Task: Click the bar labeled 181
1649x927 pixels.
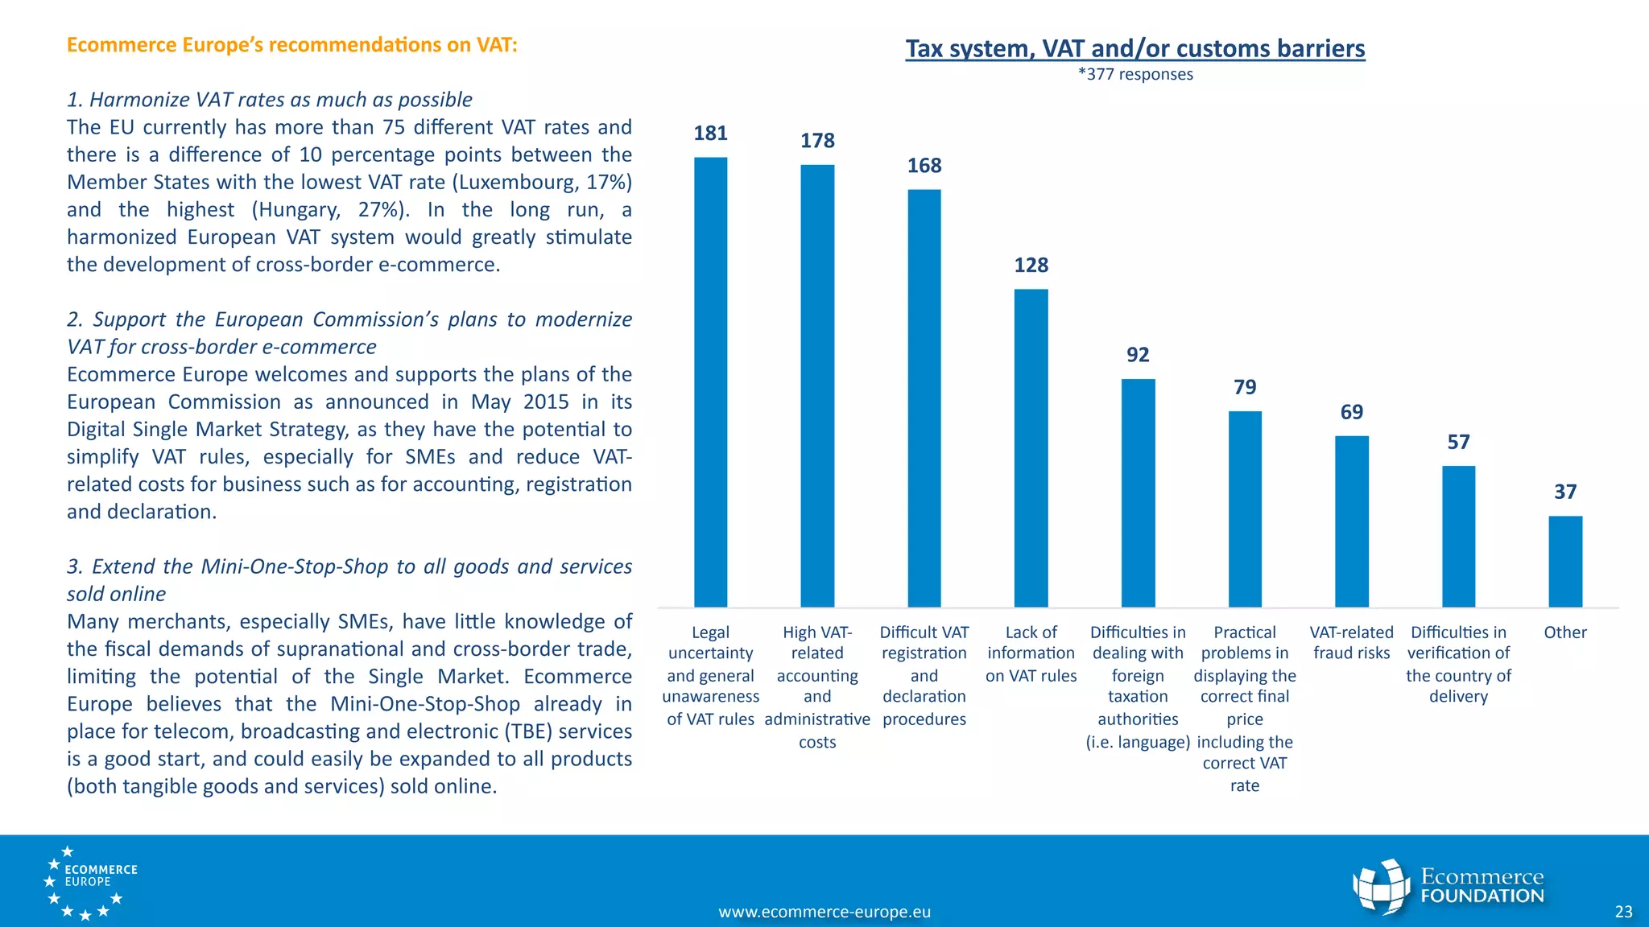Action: coord(710,382)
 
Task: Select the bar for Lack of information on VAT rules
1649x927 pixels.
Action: coord(1031,447)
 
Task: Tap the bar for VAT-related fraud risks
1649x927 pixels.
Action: coord(1351,521)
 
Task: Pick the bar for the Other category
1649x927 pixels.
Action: coord(1564,561)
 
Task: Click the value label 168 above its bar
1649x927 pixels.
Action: coord(924,166)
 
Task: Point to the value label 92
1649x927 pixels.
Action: coord(1137,355)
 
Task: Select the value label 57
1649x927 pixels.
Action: coord(1457,442)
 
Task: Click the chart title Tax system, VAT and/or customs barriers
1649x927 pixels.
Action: coord(1134,48)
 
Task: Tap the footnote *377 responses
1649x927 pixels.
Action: coord(1134,75)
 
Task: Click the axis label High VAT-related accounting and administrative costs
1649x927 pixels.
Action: coord(816,686)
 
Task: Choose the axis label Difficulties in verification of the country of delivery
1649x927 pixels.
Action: coord(1457,664)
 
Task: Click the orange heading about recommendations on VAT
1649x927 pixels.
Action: coord(291,44)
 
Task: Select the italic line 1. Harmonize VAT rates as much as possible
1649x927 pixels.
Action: coord(269,100)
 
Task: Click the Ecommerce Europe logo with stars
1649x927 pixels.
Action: coord(89,882)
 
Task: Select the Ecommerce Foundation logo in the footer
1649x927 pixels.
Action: coord(1448,886)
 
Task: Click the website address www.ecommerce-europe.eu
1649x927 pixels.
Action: coord(824,912)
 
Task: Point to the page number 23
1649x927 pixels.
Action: coord(1623,912)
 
